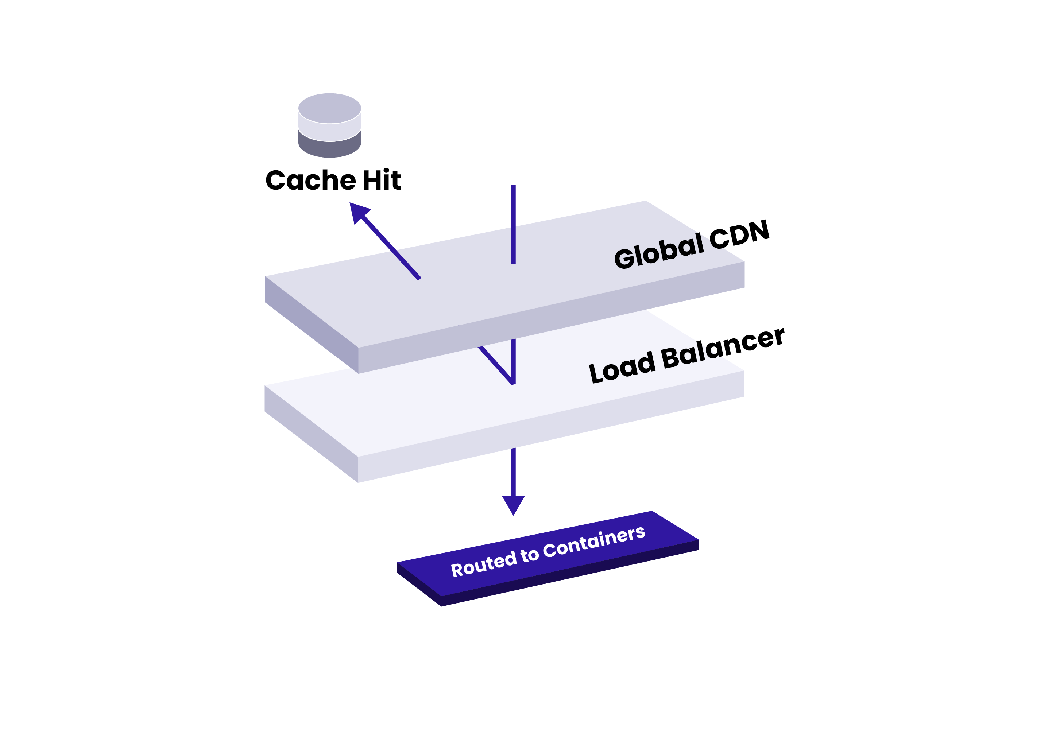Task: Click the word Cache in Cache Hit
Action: (310, 180)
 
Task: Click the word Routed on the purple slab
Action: (483, 564)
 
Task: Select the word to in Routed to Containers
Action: (529, 555)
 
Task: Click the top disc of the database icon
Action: (329, 108)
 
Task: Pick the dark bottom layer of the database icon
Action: (329, 148)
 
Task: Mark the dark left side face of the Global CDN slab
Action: (312, 325)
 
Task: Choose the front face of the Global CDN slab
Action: (552, 317)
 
